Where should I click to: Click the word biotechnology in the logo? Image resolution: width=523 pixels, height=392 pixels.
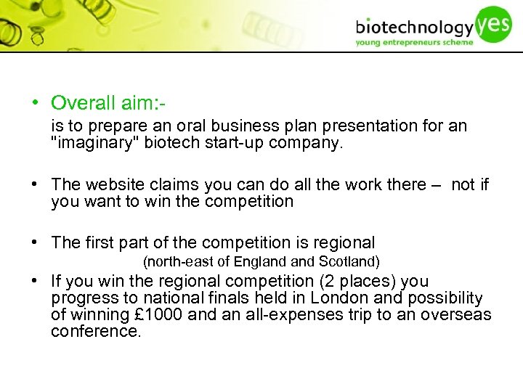pos(413,28)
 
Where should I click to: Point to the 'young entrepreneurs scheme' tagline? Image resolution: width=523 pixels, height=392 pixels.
pos(413,43)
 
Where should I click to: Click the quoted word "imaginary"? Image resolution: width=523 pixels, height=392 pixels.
pos(95,143)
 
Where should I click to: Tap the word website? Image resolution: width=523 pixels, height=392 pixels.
pos(119,185)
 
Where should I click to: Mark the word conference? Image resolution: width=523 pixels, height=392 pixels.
pos(95,332)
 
